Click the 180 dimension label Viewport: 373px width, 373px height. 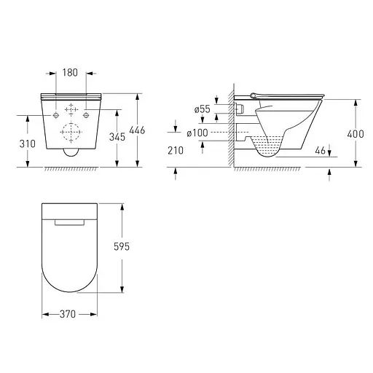click(x=70, y=73)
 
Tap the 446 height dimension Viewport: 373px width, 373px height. click(x=137, y=130)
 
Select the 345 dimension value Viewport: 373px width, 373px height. click(x=117, y=137)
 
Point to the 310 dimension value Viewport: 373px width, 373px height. click(x=28, y=144)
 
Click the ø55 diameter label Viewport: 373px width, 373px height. click(x=202, y=109)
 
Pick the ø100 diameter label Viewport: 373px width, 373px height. click(x=197, y=133)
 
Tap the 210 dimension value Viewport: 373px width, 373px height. click(x=176, y=151)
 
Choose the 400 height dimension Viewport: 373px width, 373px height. click(x=356, y=134)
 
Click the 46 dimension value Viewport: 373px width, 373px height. click(x=320, y=151)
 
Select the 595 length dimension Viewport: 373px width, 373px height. click(x=122, y=247)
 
